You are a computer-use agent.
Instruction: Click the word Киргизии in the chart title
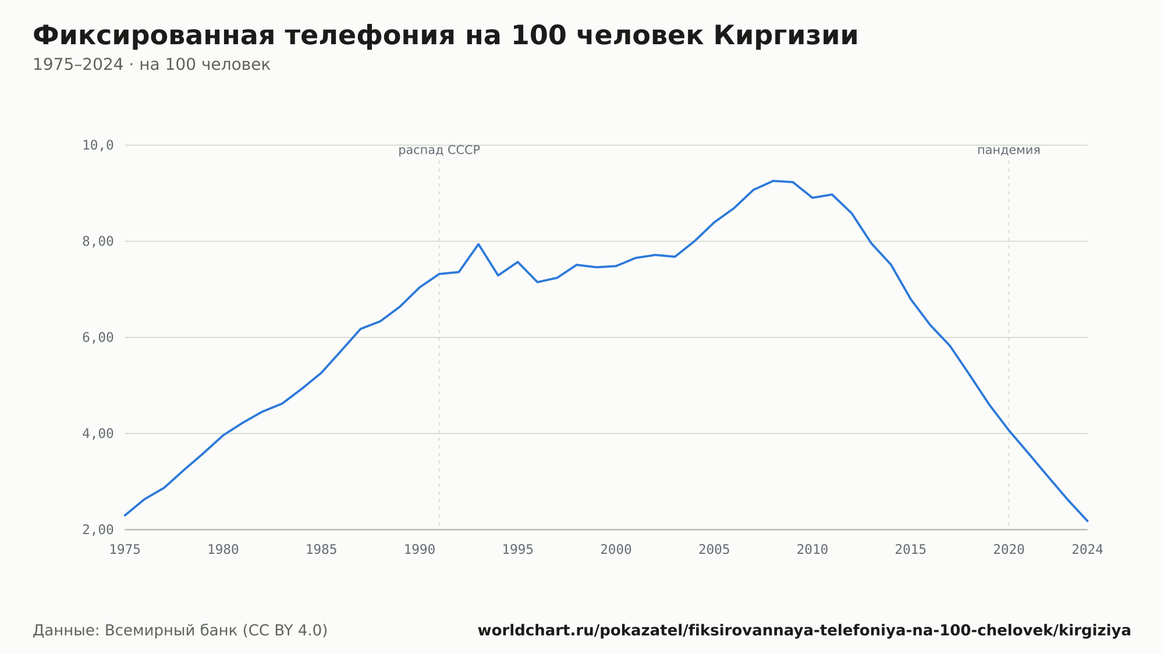click(x=785, y=36)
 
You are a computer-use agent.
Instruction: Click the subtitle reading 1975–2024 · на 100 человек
click(x=151, y=65)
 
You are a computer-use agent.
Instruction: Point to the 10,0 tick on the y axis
click(x=98, y=145)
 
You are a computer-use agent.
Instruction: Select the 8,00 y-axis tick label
click(x=98, y=241)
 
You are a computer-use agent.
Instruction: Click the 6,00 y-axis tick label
click(x=98, y=337)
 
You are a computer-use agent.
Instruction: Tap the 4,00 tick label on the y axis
click(x=98, y=433)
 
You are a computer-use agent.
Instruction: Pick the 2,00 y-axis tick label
click(x=98, y=529)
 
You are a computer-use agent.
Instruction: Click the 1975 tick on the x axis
click(x=125, y=550)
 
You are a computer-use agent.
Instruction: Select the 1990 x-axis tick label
click(x=420, y=550)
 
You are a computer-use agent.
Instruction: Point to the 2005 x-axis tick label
click(x=714, y=550)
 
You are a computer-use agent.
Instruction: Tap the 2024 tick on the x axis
click(x=1087, y=550)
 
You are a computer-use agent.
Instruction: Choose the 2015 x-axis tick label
click(x=911, y=550)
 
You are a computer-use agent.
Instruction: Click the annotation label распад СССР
click(x=439, y=151)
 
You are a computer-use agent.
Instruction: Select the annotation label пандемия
click(x=1009, y=150)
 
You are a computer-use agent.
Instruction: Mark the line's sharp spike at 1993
click(x=478, y=244)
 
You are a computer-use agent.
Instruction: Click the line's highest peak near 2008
click(x=773, y=181)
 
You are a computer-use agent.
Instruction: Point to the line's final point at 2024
click(x=1087, y=521)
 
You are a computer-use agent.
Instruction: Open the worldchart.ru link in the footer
click(x=804, y=631)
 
